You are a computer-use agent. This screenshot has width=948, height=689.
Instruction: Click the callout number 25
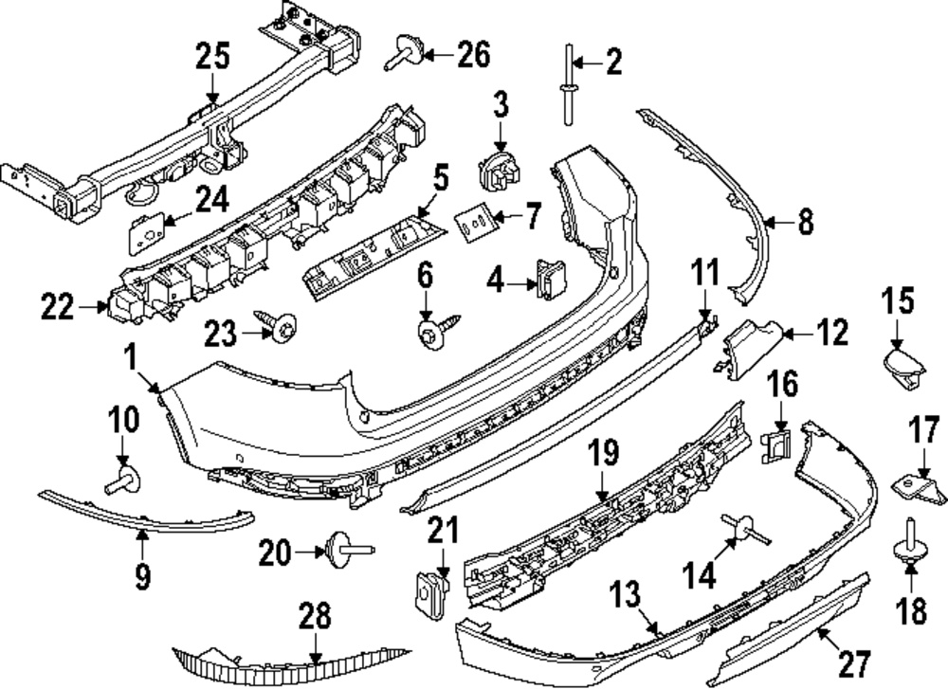click(x=212, y=57)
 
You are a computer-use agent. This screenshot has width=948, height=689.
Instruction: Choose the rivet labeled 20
click(x=344, y=549)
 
